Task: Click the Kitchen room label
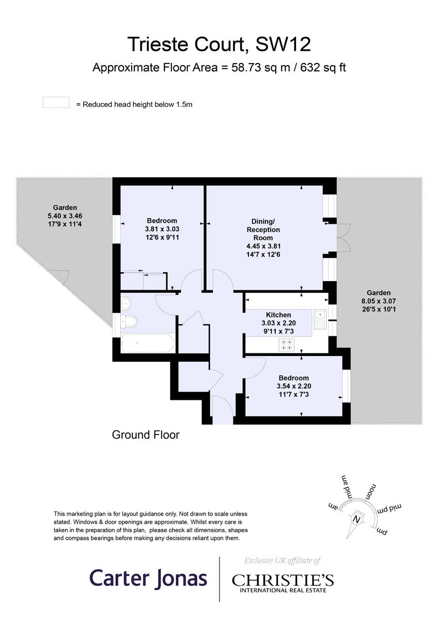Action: pyautogui.click(x=278, y=315)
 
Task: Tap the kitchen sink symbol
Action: pyautogui.click(x=320, y=319)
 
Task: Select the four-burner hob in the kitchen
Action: pyautogui.click(x=286, y=345)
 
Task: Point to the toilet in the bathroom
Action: pyautogui.click(x=129, y=321)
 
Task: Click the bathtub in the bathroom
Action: pyautogui.click(x=147, y=343)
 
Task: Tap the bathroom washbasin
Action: pyautogui.click(x=126, y=304)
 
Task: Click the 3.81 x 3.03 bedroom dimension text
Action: pyautogui.click(x=162, y=229)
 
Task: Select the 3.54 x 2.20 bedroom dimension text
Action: pyautogui.click(x=294, y=386)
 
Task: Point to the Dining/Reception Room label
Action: pyautogui.click(x=263, y=229)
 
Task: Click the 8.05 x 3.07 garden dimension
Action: pyautogui.click(x=379, y=301)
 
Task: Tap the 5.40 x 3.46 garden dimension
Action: pyautogui.click(x=65, y=215)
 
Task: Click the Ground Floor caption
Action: pyautogui.click(x=146, y=435)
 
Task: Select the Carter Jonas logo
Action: pyautogui.click(x=148, y=579)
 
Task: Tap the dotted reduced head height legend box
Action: pyautogui.click(x=56, y=102)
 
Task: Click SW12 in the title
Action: pyautogui.click(x=283, y=44)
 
